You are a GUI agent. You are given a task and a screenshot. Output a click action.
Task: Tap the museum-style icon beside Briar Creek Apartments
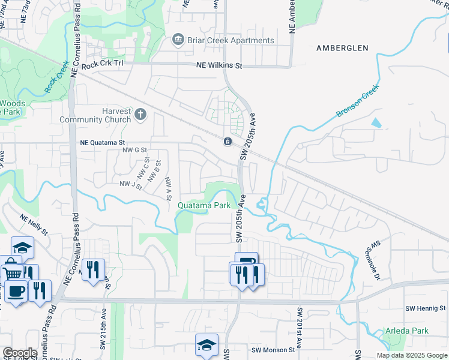[x=178, y=40]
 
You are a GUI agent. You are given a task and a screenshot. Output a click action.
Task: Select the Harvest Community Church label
[x=95, y=115]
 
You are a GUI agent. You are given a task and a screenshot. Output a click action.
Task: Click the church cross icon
[x=140, y=113]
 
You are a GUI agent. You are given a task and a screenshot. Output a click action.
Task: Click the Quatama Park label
[x=204, y=205]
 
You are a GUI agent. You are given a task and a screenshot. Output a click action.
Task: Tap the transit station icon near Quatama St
[x=228, y=142]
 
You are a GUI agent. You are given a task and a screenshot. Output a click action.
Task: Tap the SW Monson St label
[x=274, y=350]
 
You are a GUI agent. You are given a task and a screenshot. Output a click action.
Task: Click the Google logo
[x=19, y=353]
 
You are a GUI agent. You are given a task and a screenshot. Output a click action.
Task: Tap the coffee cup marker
[x=16, y=292]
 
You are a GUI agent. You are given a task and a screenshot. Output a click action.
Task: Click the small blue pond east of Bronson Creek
[x=376, y=123]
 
